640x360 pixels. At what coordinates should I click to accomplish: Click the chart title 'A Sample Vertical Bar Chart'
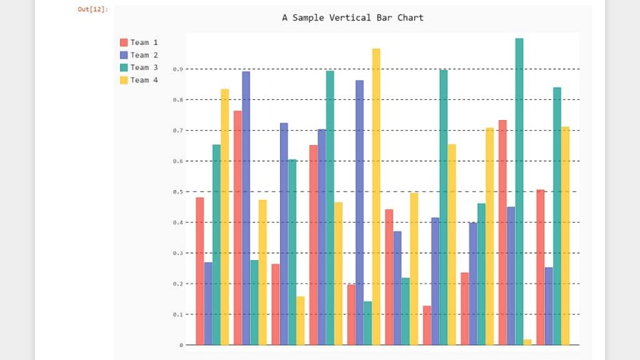click(x=352, y=17)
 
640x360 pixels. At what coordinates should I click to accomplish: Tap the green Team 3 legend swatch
click(x=124, y=67)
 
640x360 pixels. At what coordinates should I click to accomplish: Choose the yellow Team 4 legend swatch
click(x=124, y=80)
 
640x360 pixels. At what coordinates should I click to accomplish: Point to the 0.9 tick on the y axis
click(x=178, y=69)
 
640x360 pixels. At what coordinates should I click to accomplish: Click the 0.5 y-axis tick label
click(x=178, y=192)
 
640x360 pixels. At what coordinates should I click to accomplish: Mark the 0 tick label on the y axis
click(x=181, y=345)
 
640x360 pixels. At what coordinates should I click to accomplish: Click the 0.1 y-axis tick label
click(x=178, y=314)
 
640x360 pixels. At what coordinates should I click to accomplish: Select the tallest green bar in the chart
click(x=519, y=187)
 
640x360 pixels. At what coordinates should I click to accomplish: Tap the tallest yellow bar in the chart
click(x=376, y=194)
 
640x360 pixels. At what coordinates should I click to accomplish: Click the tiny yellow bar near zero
click(x=527, y=342)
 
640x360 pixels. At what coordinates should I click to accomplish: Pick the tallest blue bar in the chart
click(x=246, y=206)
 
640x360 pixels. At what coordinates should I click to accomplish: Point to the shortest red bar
click(x=427, y=325)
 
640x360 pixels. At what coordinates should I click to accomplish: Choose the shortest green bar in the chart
click(x=367, y=322)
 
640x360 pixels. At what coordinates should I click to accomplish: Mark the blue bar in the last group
click(x=548, y=306)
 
